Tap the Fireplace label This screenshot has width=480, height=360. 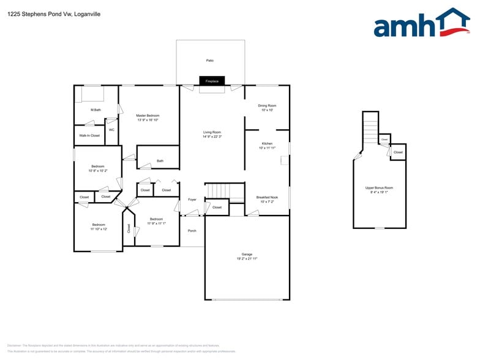click(x=212, y=81)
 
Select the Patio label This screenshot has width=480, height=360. click(x=210, y=61)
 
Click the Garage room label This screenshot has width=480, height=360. click(x=247, y=257)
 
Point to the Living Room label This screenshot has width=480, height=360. click(x=212, y=134)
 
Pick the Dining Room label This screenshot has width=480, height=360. click(x=267, y=107)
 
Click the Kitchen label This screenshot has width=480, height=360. click(x=267, y=145)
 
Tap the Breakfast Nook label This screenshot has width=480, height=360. click(x=267, y=199)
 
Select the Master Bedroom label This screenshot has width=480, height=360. click(x=148, y=118)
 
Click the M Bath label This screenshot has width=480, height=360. click(x=96, y=110)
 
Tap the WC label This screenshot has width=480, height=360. click(x=111, y=130)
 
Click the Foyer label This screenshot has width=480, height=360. click(x=192, y=200)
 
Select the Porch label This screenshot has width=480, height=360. click(x=192, y=231)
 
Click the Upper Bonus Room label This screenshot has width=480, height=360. click(x=379, y=190)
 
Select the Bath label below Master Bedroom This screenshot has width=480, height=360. click(x=160, y=161)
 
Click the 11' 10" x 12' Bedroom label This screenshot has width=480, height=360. click(x=99, y=227)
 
